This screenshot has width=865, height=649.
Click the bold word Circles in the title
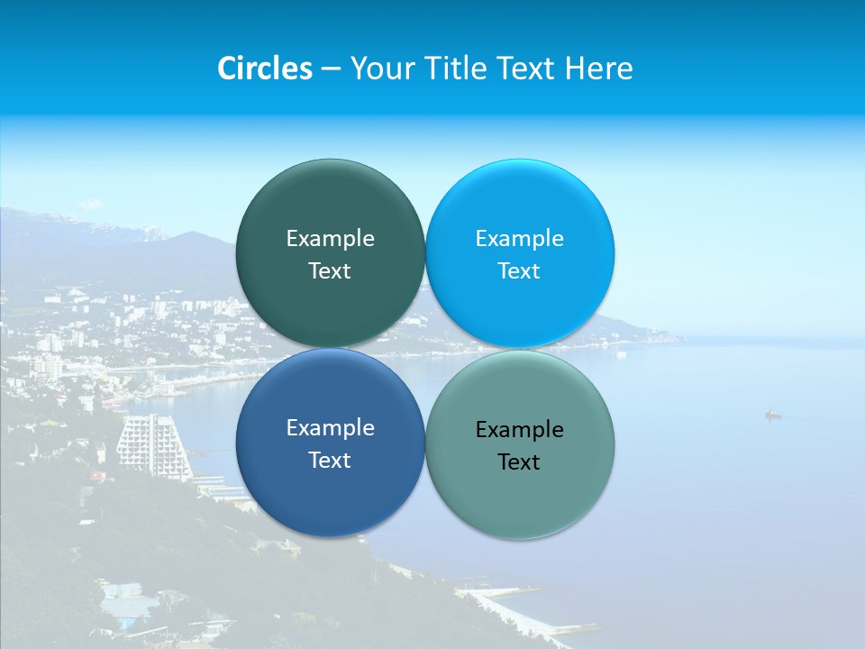click(264, 69)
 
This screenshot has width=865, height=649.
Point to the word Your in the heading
click(379, 69)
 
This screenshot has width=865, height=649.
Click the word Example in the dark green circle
click(330, 239)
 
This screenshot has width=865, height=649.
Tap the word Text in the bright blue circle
click(519, 271)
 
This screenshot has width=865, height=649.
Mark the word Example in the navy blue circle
click(330, 428)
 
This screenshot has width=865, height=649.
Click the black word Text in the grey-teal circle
click(519, 462)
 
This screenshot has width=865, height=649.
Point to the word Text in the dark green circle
click(330, 271)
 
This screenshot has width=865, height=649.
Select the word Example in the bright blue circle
click(519, 239)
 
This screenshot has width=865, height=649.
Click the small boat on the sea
click(772, 415)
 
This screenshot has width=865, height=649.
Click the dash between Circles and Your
click(331, 69)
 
